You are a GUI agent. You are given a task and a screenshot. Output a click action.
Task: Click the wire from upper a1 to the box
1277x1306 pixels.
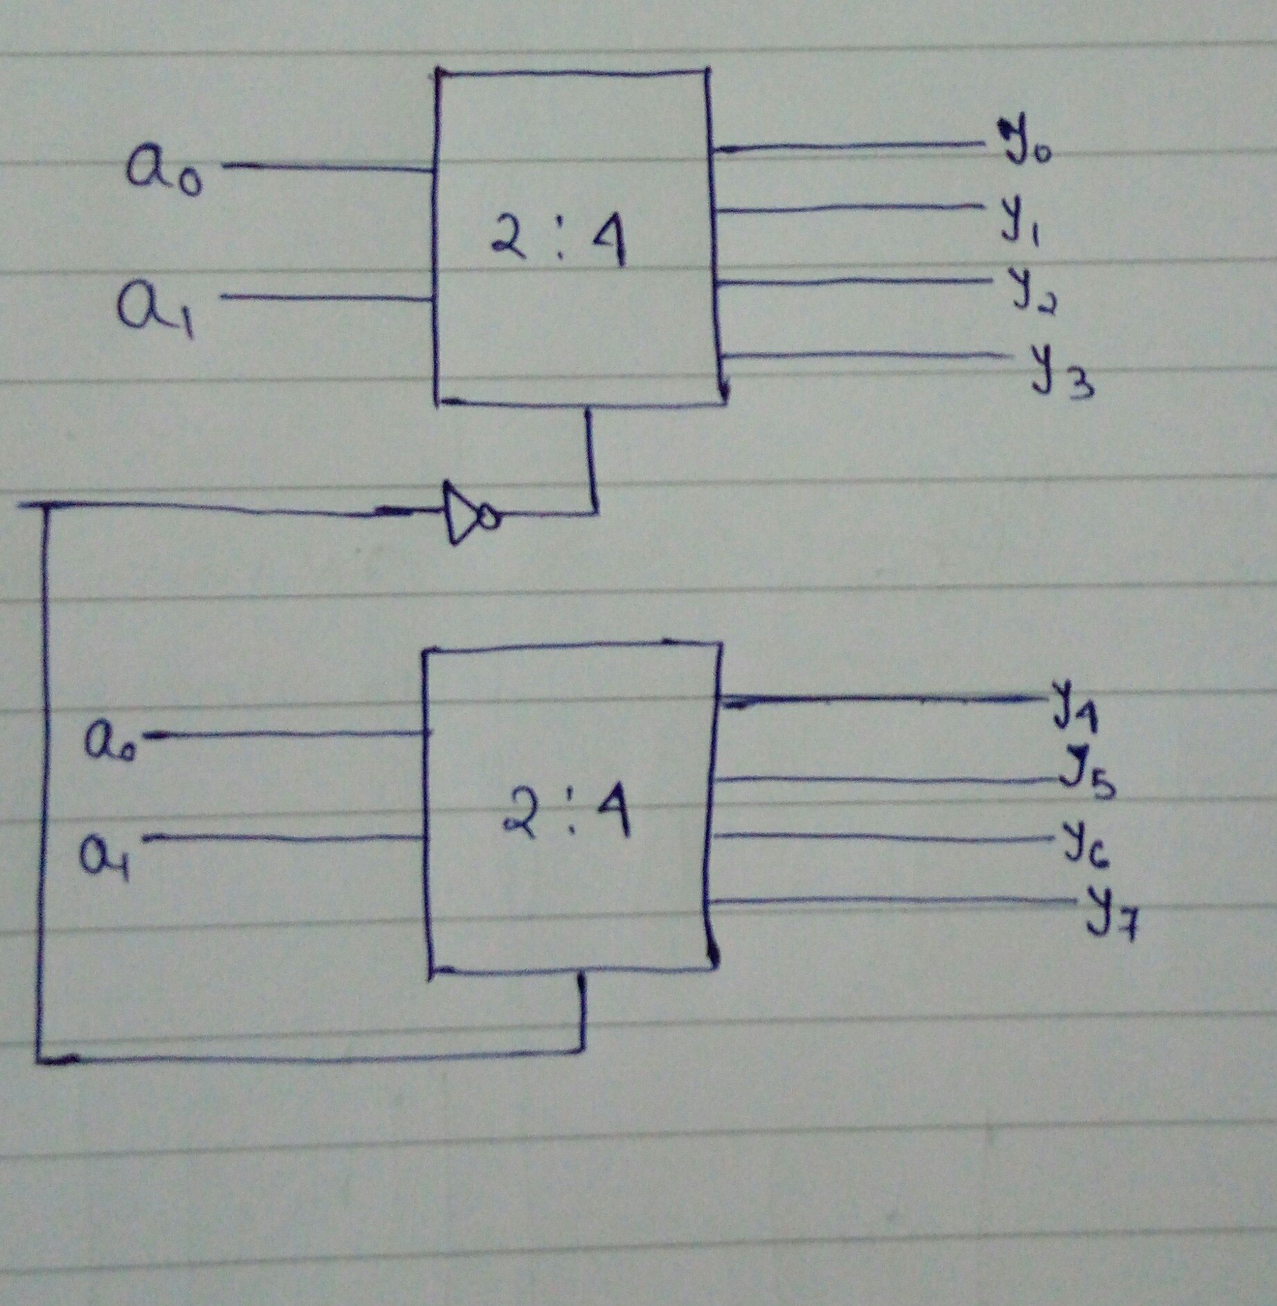click(x=326, y=298)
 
